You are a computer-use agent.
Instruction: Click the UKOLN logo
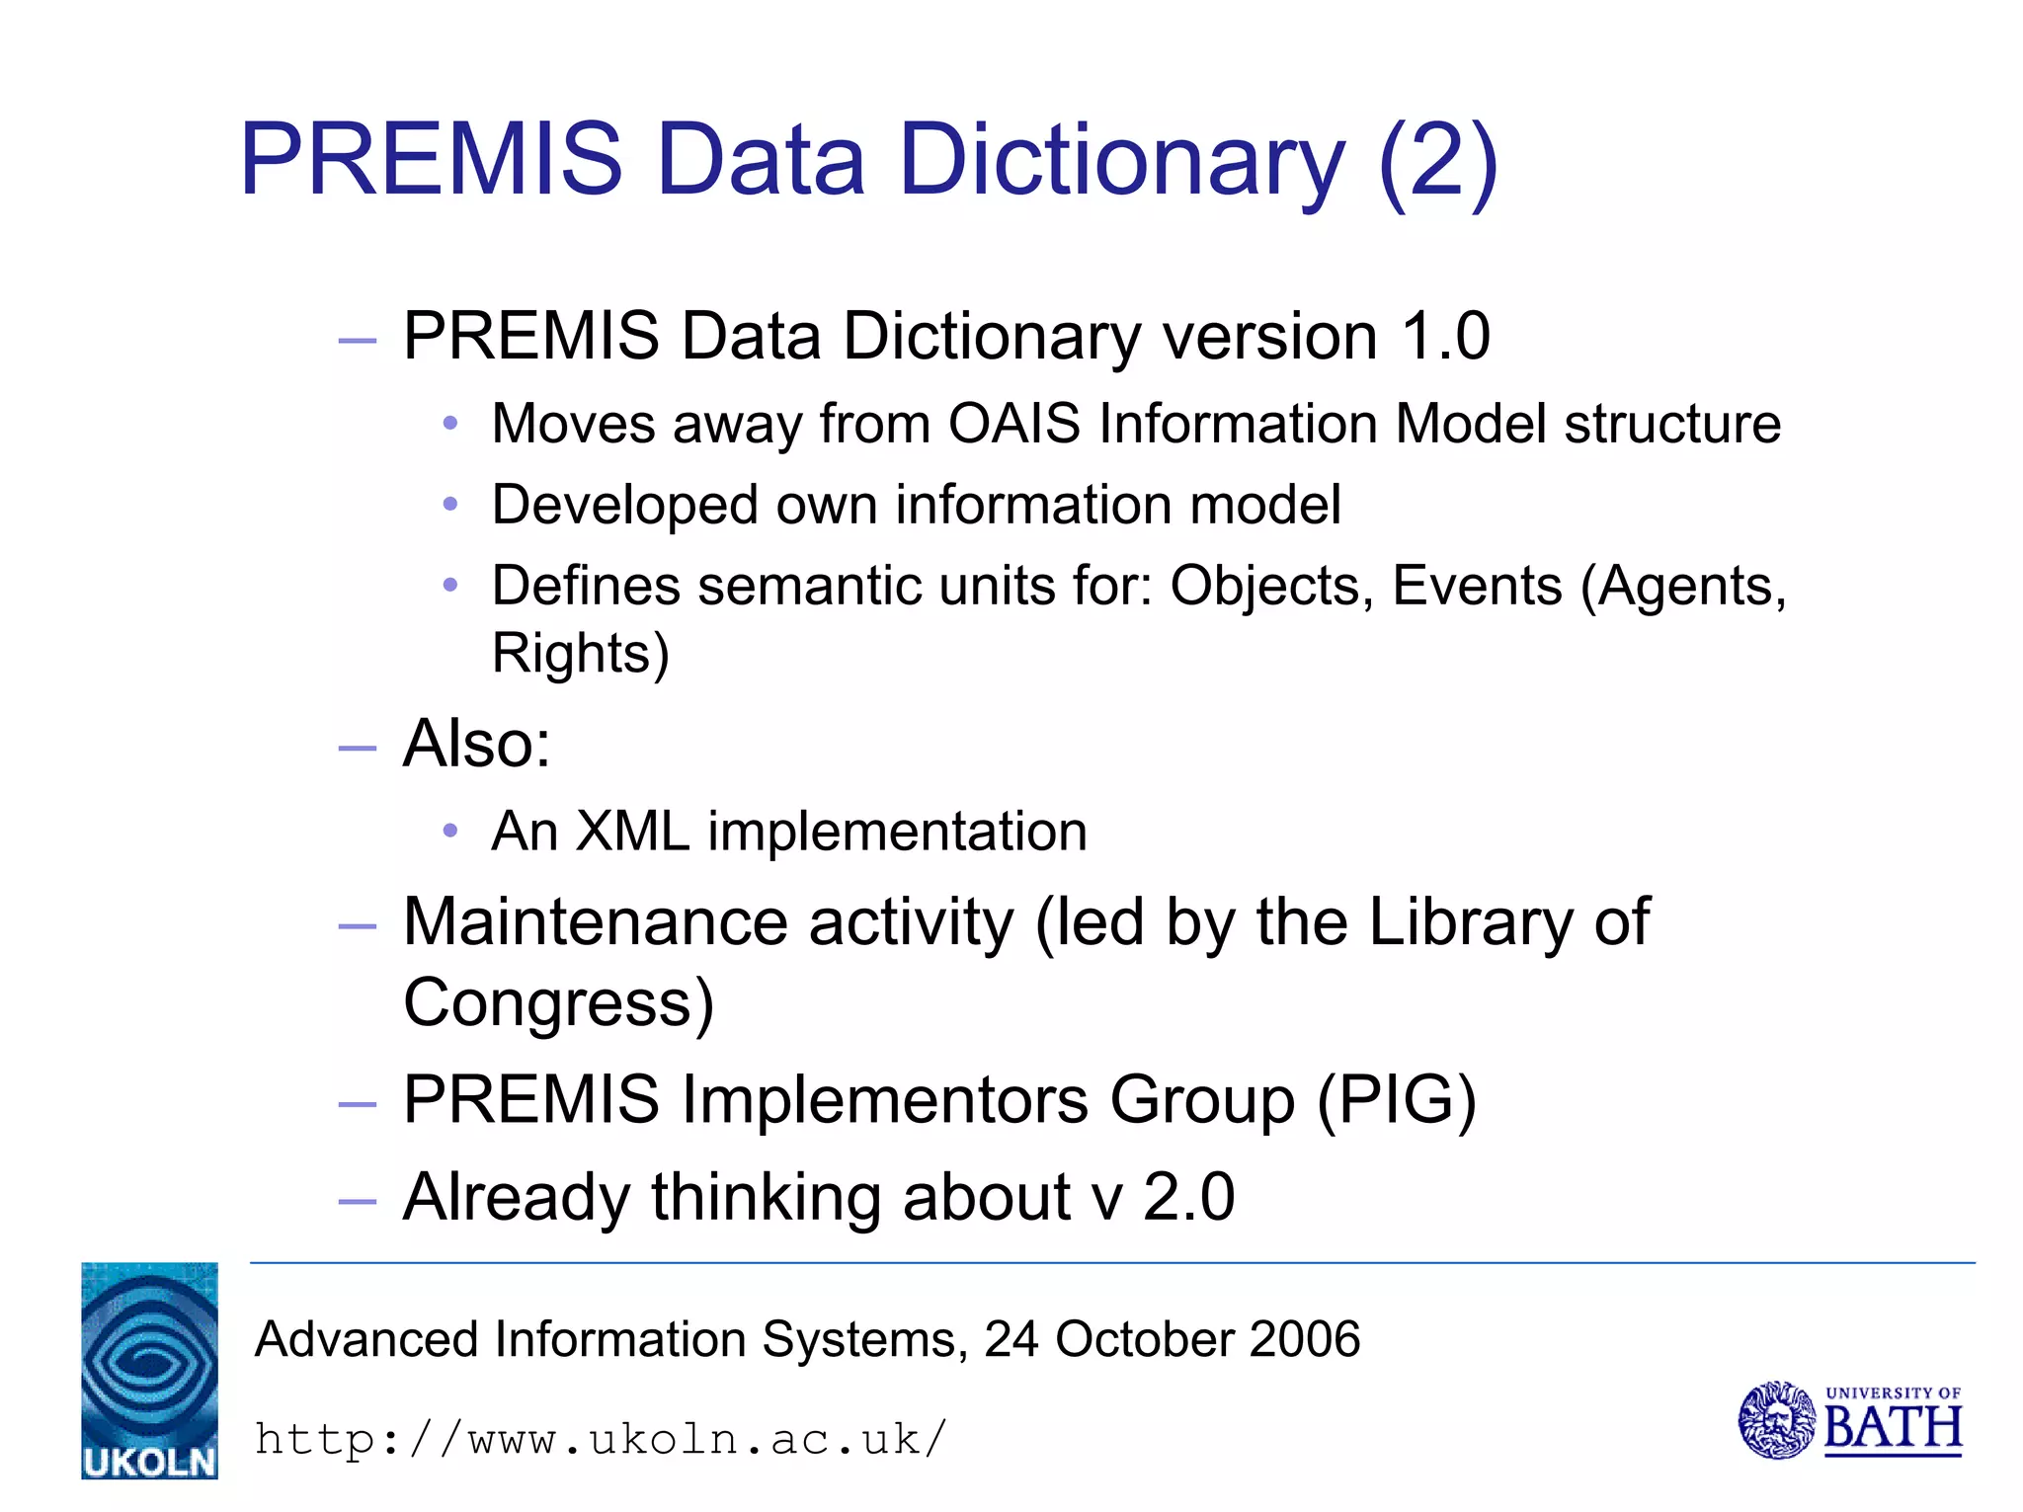click(149, 1370)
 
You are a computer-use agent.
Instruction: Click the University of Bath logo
click(1849, 1420)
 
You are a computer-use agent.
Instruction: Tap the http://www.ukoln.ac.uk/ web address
click(601, 1439)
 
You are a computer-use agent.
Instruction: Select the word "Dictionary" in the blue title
click(1121, 161)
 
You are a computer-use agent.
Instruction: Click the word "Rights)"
click(581, 653)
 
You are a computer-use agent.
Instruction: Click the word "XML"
click(632, 831)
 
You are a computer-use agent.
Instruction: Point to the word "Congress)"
click(558, 1002)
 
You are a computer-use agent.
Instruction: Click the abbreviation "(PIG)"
click(1397, 1099)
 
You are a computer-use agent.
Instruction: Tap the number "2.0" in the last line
click(1188, 1197)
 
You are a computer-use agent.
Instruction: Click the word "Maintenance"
click(596, 922)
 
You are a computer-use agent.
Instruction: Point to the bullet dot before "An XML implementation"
click(450, 831)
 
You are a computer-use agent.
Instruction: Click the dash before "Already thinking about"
click(357, 1201)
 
